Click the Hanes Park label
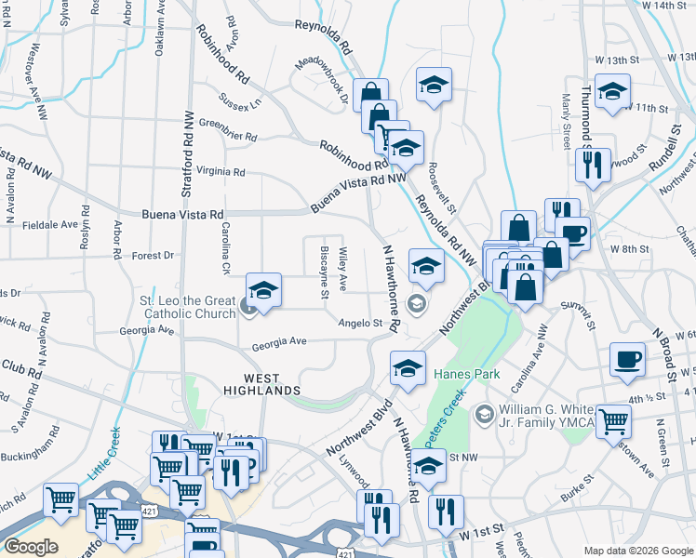click(467, 375)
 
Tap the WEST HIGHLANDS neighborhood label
click(261, 384)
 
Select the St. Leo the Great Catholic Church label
click(188, 307)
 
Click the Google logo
click(31, 547)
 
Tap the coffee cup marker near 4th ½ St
click(626, 360)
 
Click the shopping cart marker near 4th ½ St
click(613, 421)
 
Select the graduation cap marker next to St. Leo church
click(263, 289)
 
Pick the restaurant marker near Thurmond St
click(593, 165)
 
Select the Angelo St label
click(361, 323)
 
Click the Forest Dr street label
click(153, 256)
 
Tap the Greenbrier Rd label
click(227, 130)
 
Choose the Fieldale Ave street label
click(49, 224)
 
